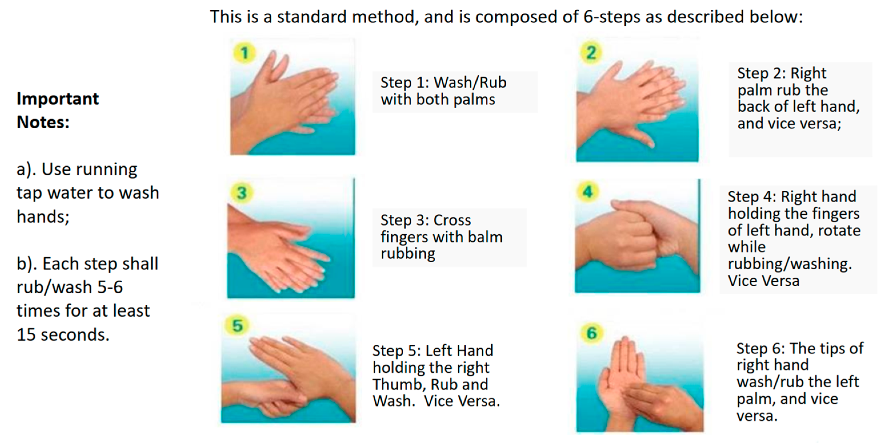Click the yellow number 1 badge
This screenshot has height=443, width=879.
[244, 53]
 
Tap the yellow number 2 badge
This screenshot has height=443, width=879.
[591, 53]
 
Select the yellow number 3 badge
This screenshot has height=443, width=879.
[242, 193]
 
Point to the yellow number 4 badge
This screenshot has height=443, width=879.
[588, 192]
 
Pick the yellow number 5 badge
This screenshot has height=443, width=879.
[237, 325]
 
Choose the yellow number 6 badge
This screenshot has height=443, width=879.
[592, 333]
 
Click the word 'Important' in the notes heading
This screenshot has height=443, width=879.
[58, 99]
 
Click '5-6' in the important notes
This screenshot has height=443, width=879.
[110, 287]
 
